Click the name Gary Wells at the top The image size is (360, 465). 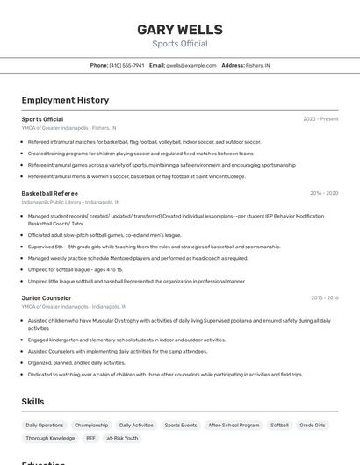179,30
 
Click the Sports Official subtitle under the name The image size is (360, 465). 179,43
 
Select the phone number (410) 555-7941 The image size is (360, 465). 126,65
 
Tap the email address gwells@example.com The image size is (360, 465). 191,65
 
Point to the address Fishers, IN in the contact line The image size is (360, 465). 258,65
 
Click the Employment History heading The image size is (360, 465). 65,100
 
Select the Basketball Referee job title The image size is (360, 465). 50,193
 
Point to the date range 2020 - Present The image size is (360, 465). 320,119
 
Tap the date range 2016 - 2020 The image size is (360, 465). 324,193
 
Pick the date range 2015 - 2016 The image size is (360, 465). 324,298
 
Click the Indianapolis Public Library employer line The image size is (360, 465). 70,202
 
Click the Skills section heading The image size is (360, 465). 33,401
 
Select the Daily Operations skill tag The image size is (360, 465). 44,425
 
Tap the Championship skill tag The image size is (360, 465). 91,425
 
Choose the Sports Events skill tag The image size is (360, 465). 181,425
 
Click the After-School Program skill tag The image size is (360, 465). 234,425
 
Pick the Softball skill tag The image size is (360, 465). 279,425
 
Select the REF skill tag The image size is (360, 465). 91,438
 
